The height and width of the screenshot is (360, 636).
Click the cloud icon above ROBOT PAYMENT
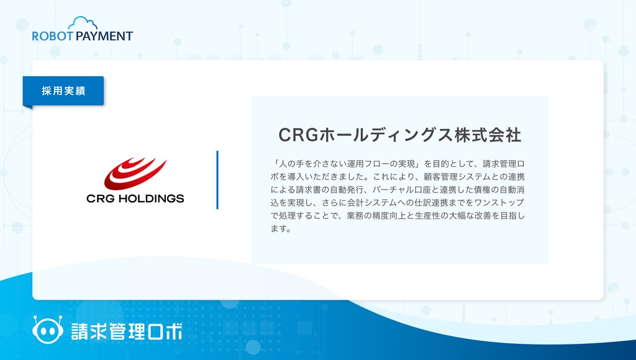click(83, 24)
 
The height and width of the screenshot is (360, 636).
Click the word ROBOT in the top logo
click(52, 36)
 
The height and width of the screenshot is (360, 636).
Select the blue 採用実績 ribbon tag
click(63, 91)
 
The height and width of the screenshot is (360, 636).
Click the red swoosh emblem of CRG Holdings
click(135, 174)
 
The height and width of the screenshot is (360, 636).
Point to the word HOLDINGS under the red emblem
click(152, 199)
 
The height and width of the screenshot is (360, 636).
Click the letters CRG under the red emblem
click(101, 199)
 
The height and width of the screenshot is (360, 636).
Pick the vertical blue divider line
click(217, 180)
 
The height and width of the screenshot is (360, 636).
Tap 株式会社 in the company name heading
click(488, 135)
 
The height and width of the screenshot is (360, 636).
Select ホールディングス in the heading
click(386, 135)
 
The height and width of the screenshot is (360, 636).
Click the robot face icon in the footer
click(48, 329)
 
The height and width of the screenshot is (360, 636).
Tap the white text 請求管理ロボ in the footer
click(127, 331)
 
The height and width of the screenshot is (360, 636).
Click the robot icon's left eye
click(42, 331)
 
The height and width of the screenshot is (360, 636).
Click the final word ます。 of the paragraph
click(281, 228)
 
